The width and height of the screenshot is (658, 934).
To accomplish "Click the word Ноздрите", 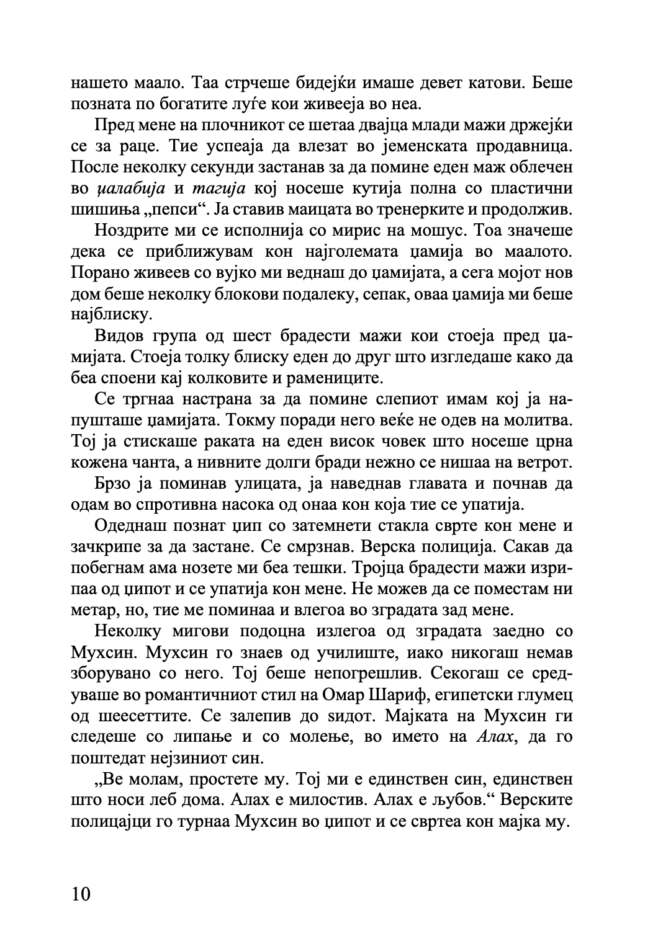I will [132, 231].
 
